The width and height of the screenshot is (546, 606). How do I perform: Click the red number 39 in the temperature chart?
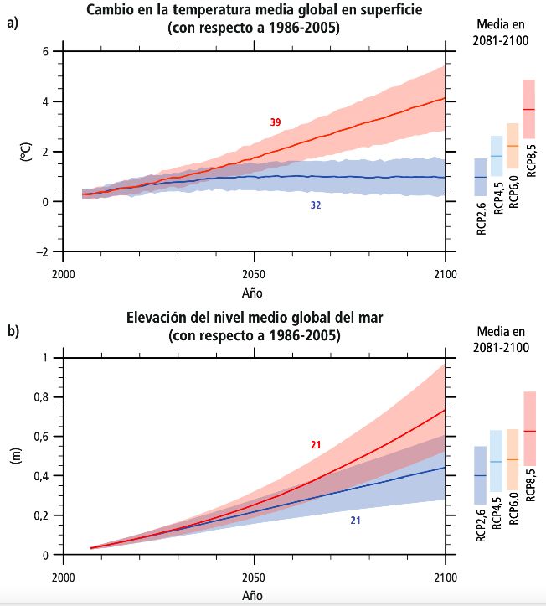pyautogui.click(x=276, y=122)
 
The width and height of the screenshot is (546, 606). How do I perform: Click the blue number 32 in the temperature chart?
pyautogui.click(x=315, y=205)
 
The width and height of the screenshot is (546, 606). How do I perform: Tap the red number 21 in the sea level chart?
pyautogui.click(x=316, y=444)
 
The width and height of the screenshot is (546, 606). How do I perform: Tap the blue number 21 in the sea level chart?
pyautogui.click(x=355, y=521)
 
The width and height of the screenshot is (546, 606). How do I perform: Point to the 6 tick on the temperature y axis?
pyautogui.click(x=46, y=52)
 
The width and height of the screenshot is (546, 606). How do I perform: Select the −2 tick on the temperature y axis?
pyautogui.click(x=43, y=251)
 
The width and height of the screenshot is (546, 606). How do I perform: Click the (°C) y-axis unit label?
pyautogui.click(x=26, y=152)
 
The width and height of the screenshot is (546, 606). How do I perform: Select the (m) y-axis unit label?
pyautogui.click(x=26, y=457)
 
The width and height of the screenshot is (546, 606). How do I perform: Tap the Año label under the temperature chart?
pyautogui.click(x=254, y=293)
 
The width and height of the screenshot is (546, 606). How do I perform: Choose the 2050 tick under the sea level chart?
pyautogui.click(x=254, y=578)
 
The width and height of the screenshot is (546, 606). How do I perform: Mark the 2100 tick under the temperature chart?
pyautogui.click(x=445, y=274)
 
